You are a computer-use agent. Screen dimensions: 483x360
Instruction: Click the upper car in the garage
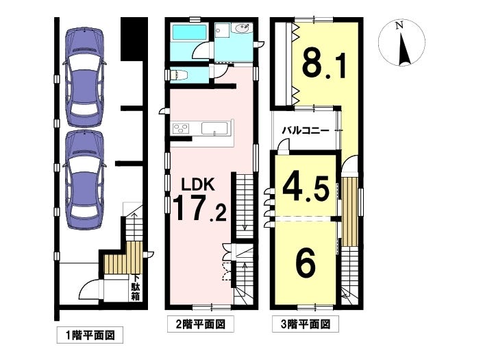(84, 77)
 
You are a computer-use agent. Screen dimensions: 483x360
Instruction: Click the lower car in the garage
(84, 180)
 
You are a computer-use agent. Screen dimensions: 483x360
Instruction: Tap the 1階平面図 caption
(90, 335)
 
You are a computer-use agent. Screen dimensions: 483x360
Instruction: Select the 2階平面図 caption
(201, 324)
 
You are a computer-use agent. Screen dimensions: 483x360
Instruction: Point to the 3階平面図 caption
(306, 324)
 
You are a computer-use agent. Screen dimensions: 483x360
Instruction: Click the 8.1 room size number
(324, 66)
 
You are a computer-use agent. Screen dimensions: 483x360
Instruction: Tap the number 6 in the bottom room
(306, 263)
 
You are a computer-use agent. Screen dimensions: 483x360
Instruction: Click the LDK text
(197, 184)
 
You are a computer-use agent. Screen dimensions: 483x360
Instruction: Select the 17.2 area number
(200, 209)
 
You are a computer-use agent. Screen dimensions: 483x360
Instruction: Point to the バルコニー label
(306, 131)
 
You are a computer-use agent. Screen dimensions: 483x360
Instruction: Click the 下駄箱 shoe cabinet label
(136, 287)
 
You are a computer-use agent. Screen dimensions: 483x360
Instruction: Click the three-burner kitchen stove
(181, 128)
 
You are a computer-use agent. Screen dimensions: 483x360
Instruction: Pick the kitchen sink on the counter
(214, 128)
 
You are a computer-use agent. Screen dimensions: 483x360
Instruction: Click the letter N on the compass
(399, 26)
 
